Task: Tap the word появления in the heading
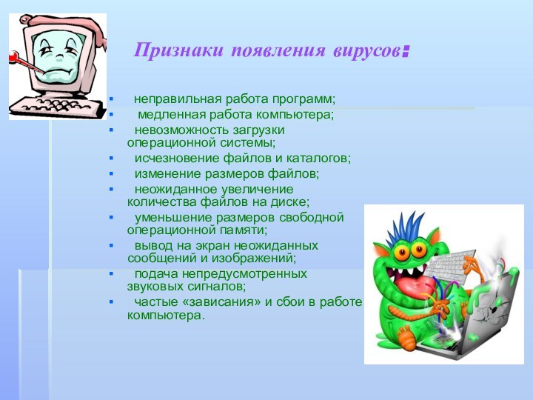(277, 52)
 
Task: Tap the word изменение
(165, 173)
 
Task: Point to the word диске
(291, 201)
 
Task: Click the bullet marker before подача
(111, 274)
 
